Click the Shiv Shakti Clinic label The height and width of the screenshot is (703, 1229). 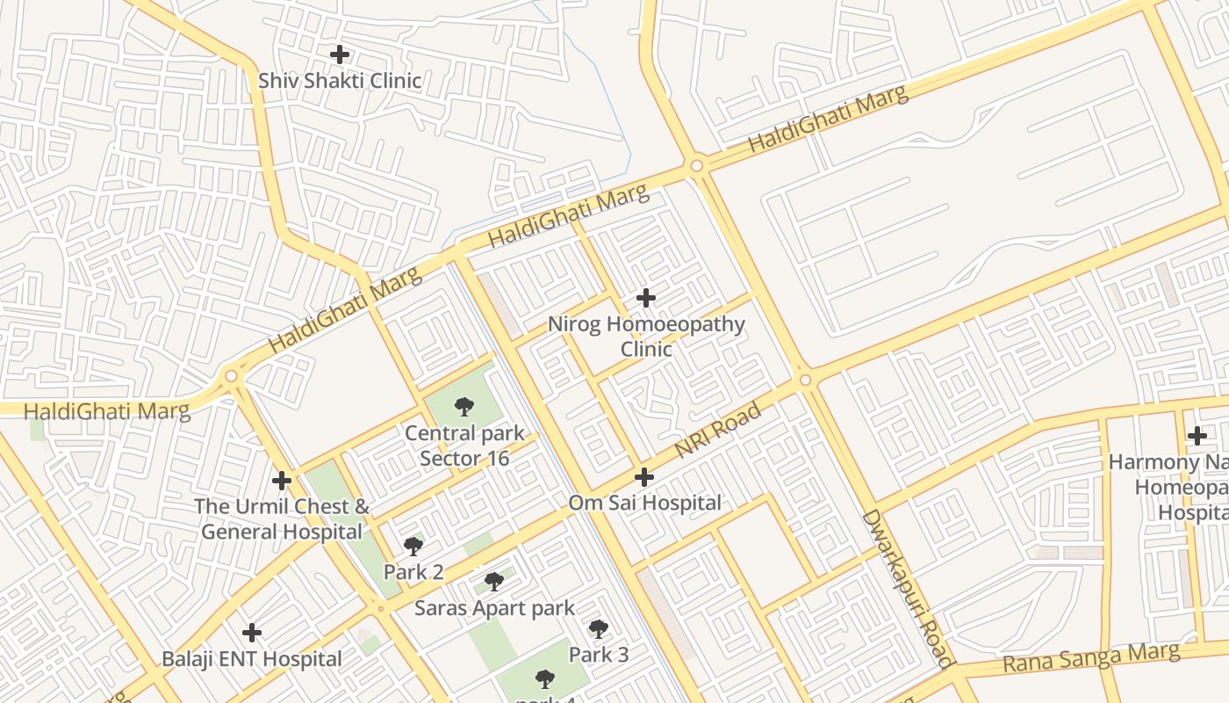[x=340, y=81]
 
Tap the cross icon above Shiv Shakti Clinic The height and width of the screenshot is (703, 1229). [x=340, y=54]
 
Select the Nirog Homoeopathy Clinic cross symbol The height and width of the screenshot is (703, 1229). [x=646, y=298]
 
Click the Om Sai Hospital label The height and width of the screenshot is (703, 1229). [x=645, y=504]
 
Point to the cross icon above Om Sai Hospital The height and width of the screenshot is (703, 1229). [x=644, y=477]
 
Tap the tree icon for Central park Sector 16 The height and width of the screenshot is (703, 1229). [x=464, y=407]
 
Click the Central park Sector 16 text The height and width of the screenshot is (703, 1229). [x=464, y=446]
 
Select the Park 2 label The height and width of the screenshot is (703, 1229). [x=413, y=572]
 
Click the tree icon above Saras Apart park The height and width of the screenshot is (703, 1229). [x=494, y=581]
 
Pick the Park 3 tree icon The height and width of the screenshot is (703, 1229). [x=599, y=628]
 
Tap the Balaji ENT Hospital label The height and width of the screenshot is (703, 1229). [x=252, y=659]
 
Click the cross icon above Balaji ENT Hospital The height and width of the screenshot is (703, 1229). [x=252, y=633]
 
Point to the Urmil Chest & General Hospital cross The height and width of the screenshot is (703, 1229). [x=282, y=481]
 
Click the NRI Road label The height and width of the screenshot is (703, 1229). [x=717, y=431]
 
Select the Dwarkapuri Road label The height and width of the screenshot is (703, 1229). [x=907, y=589]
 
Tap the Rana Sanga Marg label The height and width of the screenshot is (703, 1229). [x=1091, y=657]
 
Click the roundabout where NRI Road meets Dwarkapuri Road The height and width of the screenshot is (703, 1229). [x=806, y=380]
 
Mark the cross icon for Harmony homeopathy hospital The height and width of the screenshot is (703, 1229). [x=1197, y=436]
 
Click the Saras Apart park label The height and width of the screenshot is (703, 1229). [x=495, y=608]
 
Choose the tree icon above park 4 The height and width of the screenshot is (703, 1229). [x=545, y=678]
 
